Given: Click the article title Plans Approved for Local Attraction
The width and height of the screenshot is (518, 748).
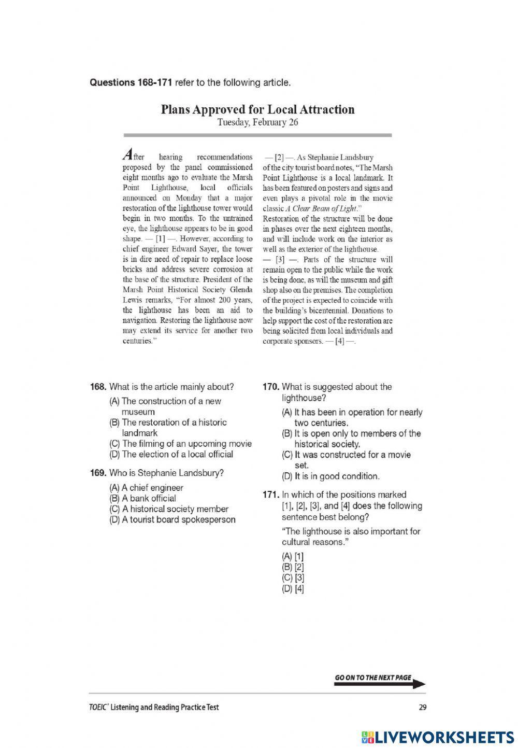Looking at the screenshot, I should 257,109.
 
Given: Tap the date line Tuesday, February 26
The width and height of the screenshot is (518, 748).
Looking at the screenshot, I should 257,122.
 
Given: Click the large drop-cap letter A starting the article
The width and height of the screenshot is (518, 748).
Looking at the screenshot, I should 127,154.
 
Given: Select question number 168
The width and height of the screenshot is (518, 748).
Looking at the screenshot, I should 98,387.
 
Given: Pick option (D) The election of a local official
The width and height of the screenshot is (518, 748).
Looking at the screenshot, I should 171,454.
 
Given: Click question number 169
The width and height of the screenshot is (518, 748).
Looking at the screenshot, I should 98,473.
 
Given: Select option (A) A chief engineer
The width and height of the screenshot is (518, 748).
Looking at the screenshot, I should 146,487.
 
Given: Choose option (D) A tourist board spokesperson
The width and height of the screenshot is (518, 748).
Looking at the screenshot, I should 172,519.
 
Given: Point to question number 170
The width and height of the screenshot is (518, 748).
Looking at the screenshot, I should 271,387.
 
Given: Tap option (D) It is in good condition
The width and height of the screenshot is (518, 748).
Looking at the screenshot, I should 330,476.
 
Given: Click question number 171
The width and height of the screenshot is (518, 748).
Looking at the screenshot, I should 271,495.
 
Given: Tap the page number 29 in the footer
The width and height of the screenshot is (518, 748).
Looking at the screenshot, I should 422,707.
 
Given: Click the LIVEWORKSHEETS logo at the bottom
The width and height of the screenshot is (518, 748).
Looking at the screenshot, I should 437,737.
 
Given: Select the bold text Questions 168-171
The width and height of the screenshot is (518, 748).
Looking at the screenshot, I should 131,82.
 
